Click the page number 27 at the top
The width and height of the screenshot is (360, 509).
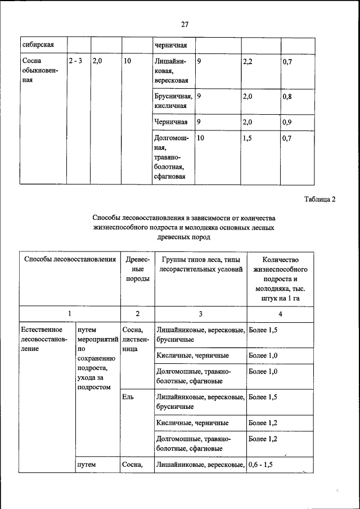[x=184, y=24]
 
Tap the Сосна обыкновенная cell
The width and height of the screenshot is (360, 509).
[x=38, y=70]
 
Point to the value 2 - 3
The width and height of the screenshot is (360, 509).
[x=75, y=61]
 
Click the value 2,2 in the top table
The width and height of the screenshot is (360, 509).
[x=247, y=61]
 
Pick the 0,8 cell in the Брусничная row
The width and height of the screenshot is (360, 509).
[x=287, y=96]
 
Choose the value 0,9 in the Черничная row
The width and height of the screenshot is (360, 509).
[x=287, y=121]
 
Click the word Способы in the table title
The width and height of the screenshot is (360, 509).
[x=106, y=218]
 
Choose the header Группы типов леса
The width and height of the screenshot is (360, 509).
[x=200, y=264]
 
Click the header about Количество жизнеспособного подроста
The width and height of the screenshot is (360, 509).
[x=280, y=278]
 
